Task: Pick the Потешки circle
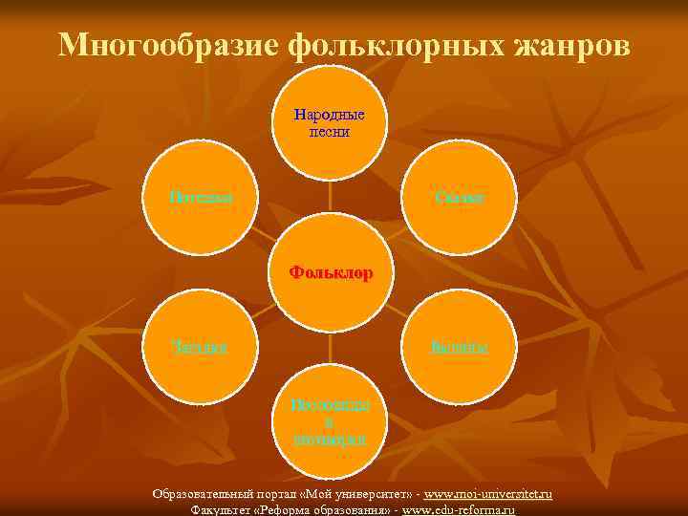202,197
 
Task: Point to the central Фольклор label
331,272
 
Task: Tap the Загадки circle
202,345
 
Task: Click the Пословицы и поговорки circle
330,422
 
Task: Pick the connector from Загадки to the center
258,312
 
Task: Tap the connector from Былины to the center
402,312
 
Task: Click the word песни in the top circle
330,132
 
